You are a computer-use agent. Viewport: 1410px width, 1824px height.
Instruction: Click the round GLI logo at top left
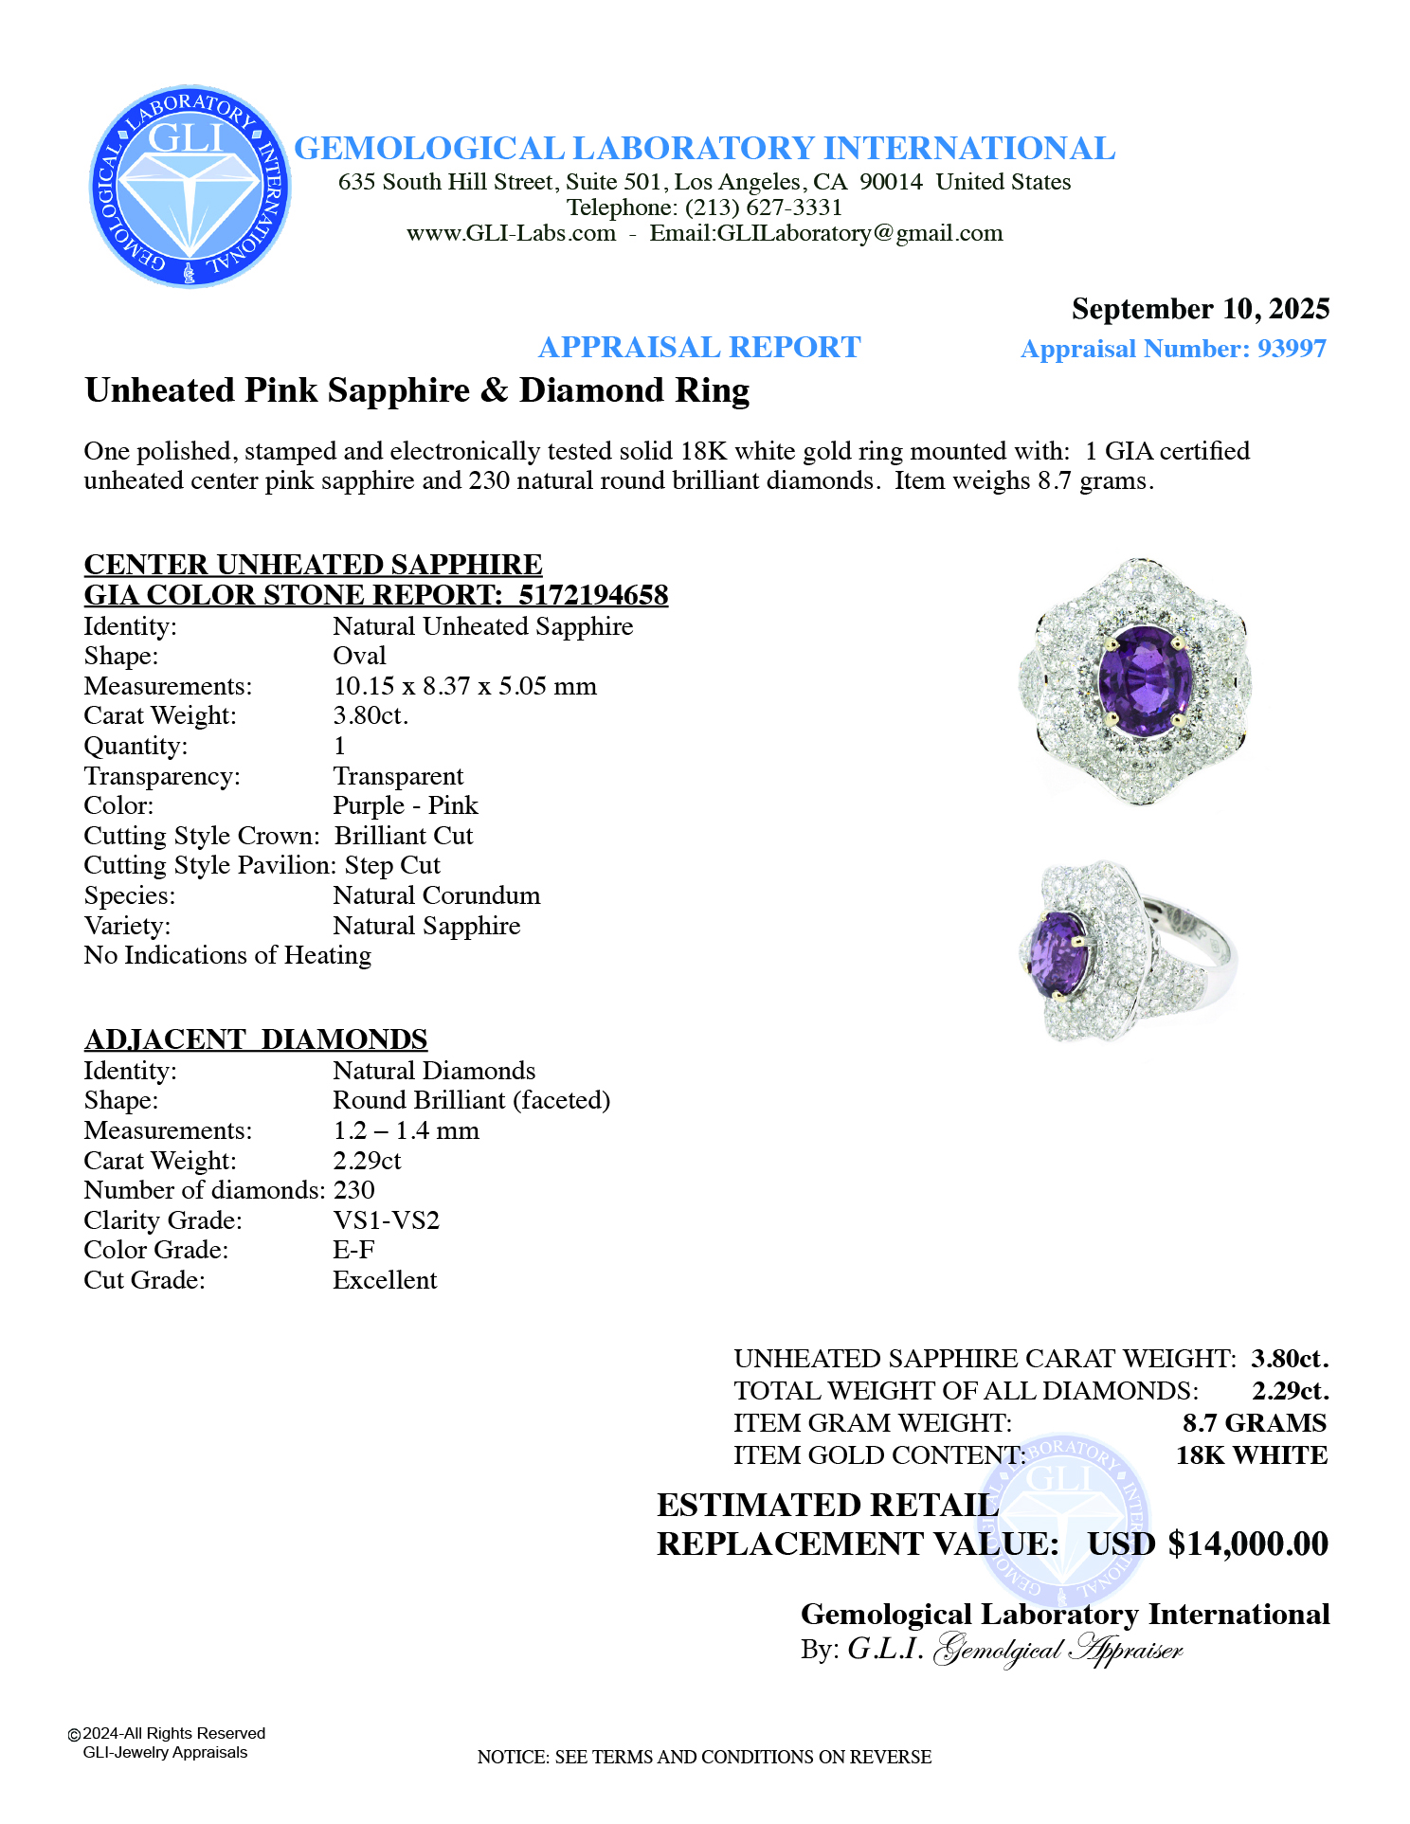(x=190, y=187)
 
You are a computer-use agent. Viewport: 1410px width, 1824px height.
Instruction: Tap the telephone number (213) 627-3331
(x=763, y=208)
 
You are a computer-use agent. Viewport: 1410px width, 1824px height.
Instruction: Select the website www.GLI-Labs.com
(x=511, y=233)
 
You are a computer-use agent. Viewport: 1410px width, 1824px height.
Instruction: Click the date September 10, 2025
(x=1200, y=309)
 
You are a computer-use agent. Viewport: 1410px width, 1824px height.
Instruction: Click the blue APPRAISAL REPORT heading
(x=699, y=348)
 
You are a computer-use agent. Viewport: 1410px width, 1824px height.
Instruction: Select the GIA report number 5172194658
(x=593, y=595)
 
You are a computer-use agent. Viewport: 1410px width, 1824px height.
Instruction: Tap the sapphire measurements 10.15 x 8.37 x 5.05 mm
(x=464, y=686)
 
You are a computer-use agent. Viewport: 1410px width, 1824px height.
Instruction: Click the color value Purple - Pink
(x=406, y=805)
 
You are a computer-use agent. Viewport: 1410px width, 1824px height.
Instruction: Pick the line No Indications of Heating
(x=227, y=955)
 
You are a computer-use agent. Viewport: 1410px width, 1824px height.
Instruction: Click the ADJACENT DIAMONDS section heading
(x=256, y=1039)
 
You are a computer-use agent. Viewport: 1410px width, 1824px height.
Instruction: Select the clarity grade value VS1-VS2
(x=387, y=1220)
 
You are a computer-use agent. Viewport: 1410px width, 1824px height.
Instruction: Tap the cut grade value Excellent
(x=385, y=1280)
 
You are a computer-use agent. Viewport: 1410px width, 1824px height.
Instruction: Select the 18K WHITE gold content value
(x=1251, y=1455)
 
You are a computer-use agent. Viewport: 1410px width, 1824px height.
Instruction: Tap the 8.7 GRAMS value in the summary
(x=1254, y=1423)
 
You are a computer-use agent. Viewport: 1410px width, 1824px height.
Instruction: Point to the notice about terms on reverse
(x=704, y=1757)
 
